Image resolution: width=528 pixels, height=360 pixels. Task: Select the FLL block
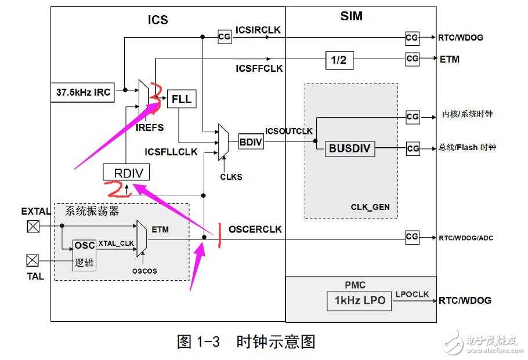(x=181, y=99)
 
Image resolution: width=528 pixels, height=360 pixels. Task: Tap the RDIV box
(x=126, y=172)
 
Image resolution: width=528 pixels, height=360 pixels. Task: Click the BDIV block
(x=251, y=140)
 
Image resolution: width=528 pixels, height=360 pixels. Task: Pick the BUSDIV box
(x=348, y=148)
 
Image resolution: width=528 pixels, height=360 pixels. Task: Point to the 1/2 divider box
(x=339, y=59)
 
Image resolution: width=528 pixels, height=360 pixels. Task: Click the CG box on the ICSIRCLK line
(x=225, y=37)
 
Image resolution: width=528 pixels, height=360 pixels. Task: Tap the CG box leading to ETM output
(x=412, y=59)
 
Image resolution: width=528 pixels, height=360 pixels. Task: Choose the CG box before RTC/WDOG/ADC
(x=412, y=237)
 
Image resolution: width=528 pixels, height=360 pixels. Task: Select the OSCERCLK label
(x=255, y=230)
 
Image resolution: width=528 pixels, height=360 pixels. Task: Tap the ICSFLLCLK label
(x=171, y=152)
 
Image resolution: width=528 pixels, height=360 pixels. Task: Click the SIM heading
(x=352, y=16)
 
